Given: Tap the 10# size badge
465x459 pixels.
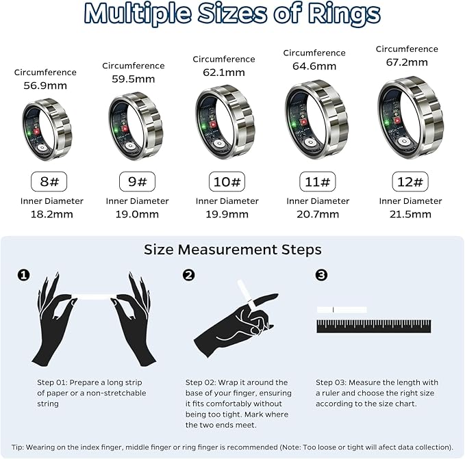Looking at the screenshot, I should tap(227, 182).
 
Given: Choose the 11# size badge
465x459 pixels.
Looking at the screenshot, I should tap(317, 182).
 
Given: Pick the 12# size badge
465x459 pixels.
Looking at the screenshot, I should tap(410, 182).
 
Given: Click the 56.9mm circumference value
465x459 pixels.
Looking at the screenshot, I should tap(45, 86).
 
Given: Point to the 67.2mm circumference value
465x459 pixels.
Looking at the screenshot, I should tap(407, 62).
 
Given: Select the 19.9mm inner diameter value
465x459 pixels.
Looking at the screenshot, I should tap(227, 214).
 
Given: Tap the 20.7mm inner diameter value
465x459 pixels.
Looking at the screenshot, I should tap(317, 214).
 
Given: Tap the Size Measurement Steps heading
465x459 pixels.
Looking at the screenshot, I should tap(232, 250).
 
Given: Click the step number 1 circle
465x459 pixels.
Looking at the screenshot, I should tap(23, 275).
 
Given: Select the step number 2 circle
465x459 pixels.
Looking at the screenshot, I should tap(189, 275).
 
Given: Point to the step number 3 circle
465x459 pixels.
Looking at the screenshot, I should tap(321, 275).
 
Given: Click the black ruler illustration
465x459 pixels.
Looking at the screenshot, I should tap(373, 326).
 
